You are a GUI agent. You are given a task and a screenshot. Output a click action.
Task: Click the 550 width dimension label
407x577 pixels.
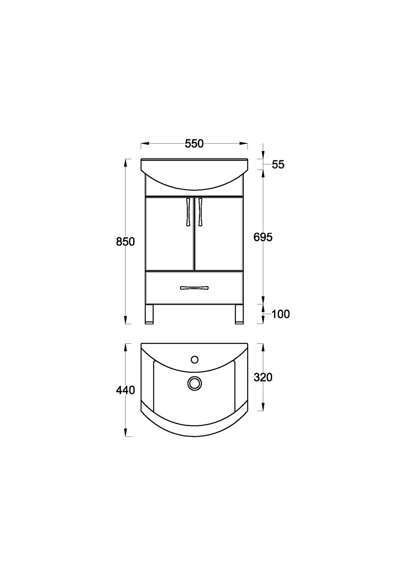[194, 144]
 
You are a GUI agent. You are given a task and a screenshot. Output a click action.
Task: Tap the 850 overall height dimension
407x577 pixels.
[125, 241]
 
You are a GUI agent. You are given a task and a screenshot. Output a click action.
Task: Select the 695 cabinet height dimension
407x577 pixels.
[263, 237]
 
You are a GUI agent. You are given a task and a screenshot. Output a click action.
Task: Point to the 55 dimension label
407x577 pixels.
[278, 164]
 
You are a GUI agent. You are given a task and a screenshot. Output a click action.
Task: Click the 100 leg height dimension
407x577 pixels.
[281, 314]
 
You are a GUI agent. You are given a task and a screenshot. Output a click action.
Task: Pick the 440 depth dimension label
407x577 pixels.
[125, 390]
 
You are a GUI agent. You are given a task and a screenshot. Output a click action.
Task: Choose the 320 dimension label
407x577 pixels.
[263, 377]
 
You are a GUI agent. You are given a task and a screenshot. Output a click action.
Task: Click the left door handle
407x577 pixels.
[188, 212]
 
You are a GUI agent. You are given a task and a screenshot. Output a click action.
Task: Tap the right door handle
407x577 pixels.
[200, 212]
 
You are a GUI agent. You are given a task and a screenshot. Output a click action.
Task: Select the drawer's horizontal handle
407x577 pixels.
[194, 288]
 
